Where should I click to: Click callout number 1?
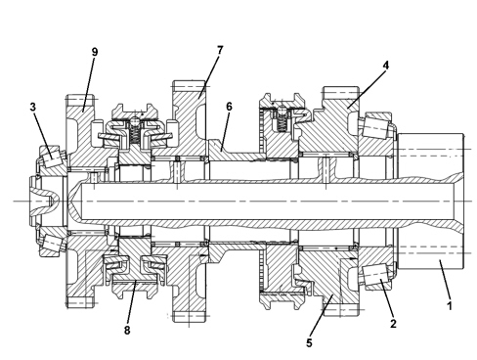coord(450,306)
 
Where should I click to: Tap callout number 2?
coord(393,324)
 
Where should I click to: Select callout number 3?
coord(33,107)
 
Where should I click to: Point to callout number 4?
coord(386,66)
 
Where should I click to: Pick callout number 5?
coord(309,342)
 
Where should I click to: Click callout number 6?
coord(229,107)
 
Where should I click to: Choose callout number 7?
coord(220,50)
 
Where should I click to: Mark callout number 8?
coord(127,330)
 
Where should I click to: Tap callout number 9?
coord(95,52)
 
